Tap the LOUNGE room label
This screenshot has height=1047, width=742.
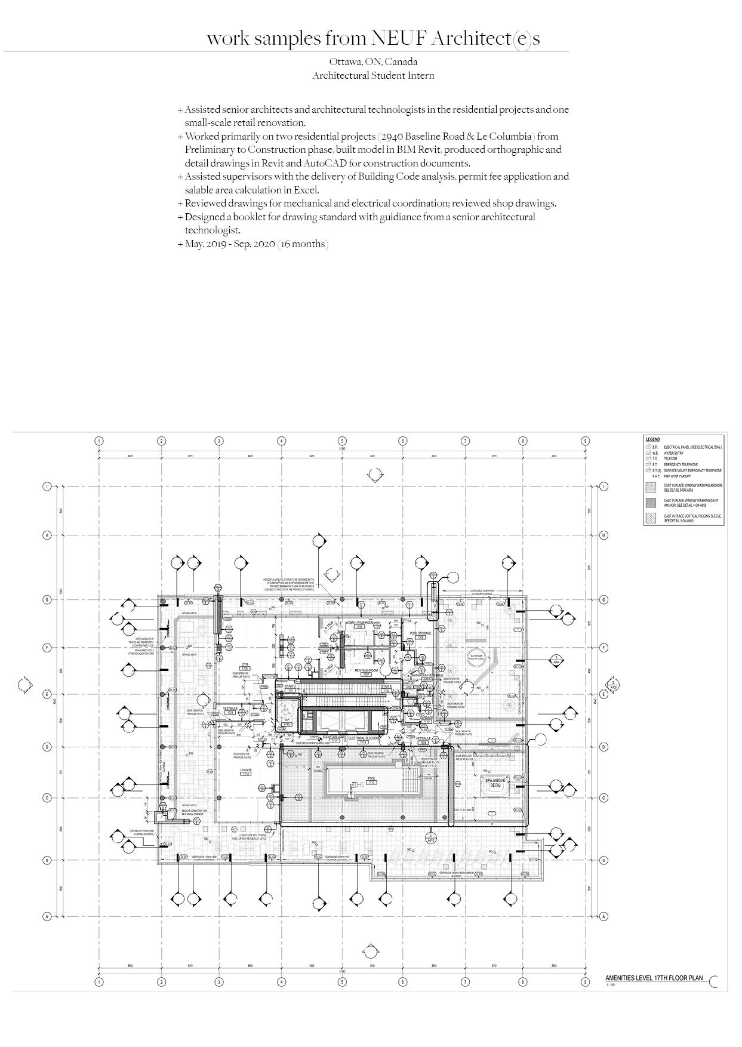pyautogui.click(x=246, y=771)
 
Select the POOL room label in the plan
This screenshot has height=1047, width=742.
pyautogui.click(x=372, y=778)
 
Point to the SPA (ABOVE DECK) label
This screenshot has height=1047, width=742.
pyautogui.click(x=495, y=783)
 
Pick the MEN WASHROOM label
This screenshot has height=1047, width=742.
pyautogui.click(x=367, y=670)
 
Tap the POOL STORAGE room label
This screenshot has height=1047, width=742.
pyautogui.click(x=420, y=633)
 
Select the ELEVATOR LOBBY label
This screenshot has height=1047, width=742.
pyautogui.click(x=334, y=738)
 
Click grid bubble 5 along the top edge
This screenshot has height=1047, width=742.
pyautogui.click(x=343, y=441)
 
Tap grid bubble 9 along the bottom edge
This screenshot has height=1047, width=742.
pyautogui.click(x=586, y=982)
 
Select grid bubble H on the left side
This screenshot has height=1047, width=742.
pyautogui.click(x=47, y=535)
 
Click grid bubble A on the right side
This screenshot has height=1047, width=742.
pyautogui.click(x=604, y=916)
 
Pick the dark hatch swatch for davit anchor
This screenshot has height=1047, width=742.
pyautogui.click(x=650, y=502)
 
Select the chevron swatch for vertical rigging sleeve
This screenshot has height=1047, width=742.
pyautogui.click(x=650, y=518)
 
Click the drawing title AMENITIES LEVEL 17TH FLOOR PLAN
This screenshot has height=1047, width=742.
pyautogui.click(x=654, y=978)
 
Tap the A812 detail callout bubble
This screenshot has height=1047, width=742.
pyautogui.click(x=430, y=837)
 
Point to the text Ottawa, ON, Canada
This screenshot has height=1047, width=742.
pyautogui.click(x=373, y=61)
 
